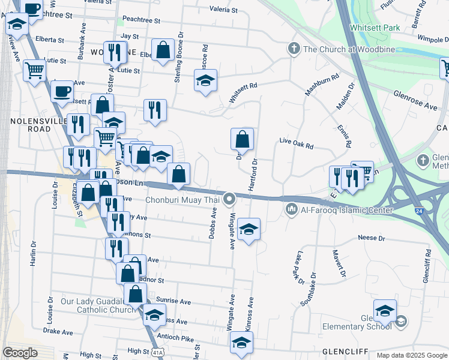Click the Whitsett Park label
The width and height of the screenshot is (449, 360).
tap(374, 28)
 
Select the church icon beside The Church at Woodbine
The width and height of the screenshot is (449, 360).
tap(294, 49)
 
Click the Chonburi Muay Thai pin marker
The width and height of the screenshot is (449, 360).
tap(229, 199)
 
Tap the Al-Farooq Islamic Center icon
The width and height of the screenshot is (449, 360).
tap(292, 209)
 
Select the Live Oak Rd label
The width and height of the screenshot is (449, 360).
tap(297, 145)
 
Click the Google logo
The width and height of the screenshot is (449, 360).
tap(20, 352)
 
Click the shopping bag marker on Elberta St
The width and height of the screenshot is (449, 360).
tap(163, 50)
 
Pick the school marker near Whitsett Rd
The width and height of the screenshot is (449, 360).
tap(205, 81)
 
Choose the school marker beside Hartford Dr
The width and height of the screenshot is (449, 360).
tap(249, 230)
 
